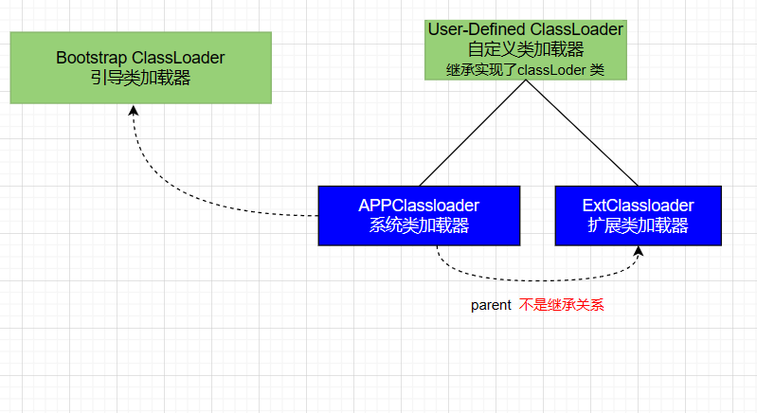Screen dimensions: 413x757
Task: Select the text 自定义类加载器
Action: [x=525, y=49]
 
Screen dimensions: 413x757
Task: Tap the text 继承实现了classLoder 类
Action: [x=525, y=69]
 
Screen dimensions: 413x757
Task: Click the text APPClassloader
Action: [x=418, y=205]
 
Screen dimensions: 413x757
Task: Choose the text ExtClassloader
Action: [x=638, y=205]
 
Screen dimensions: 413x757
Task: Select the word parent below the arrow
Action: [x=492, y=306]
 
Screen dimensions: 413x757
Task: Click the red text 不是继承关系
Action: [x=561, y=306]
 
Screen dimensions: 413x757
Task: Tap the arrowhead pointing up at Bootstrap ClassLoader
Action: [x=134, y=111]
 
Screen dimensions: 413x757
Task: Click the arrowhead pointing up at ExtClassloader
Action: [x=640, y=251]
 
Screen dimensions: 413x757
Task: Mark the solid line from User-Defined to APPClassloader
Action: [x=472, y=133]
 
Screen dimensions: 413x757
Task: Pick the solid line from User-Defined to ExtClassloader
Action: [x=582, y=133]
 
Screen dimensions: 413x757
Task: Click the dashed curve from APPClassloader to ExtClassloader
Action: [x=531, y=279]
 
